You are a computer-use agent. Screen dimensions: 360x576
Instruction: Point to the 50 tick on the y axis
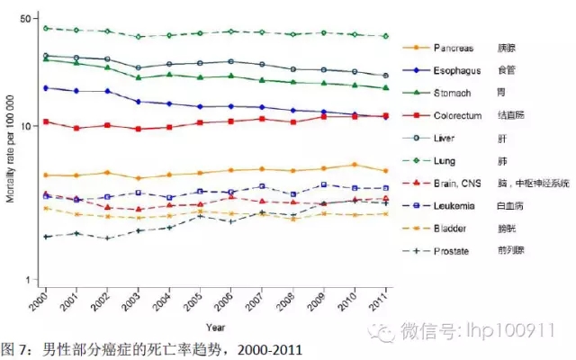[x=26, y=19]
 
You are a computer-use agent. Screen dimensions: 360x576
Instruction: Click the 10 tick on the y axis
[x=26, y=126]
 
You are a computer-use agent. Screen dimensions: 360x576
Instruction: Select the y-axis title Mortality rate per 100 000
[x=10, y=148]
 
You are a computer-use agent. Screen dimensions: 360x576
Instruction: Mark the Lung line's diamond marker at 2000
[x=45, y=28]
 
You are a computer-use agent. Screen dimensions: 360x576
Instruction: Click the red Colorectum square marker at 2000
[x=45, y=121]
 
